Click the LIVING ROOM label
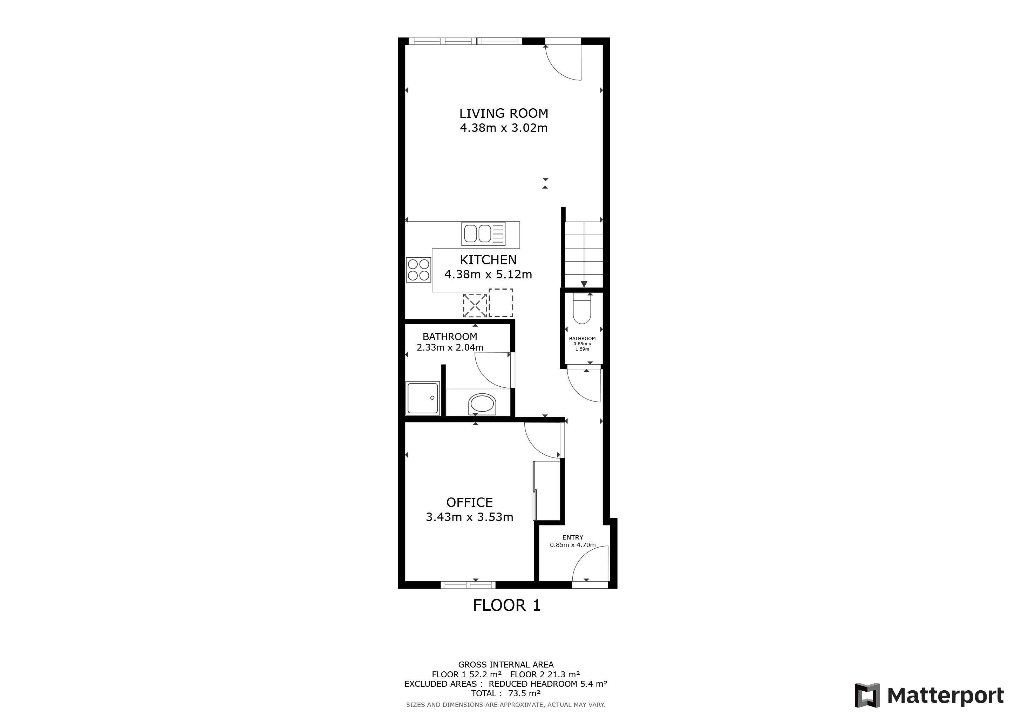pos(504,114)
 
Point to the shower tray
pos(423,398)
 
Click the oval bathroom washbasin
pos(482,404)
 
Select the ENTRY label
pos(572,537)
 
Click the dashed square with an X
pos(475,305)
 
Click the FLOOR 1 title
pos(506,605)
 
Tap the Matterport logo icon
pos(867,696)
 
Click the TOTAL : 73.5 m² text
pos(506,693)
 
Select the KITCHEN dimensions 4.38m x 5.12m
pos(488,275)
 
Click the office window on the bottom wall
pos(468,585)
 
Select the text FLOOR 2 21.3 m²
pos(545,674)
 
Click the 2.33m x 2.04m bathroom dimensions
pos(450,347)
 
